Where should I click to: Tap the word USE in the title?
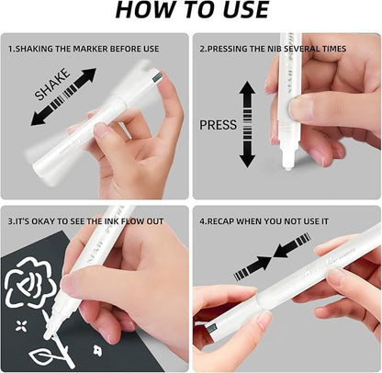click(x=237, y=11)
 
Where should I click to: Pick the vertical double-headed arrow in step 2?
click(x=246, y=124)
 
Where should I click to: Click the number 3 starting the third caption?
click(x=11, y=221)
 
